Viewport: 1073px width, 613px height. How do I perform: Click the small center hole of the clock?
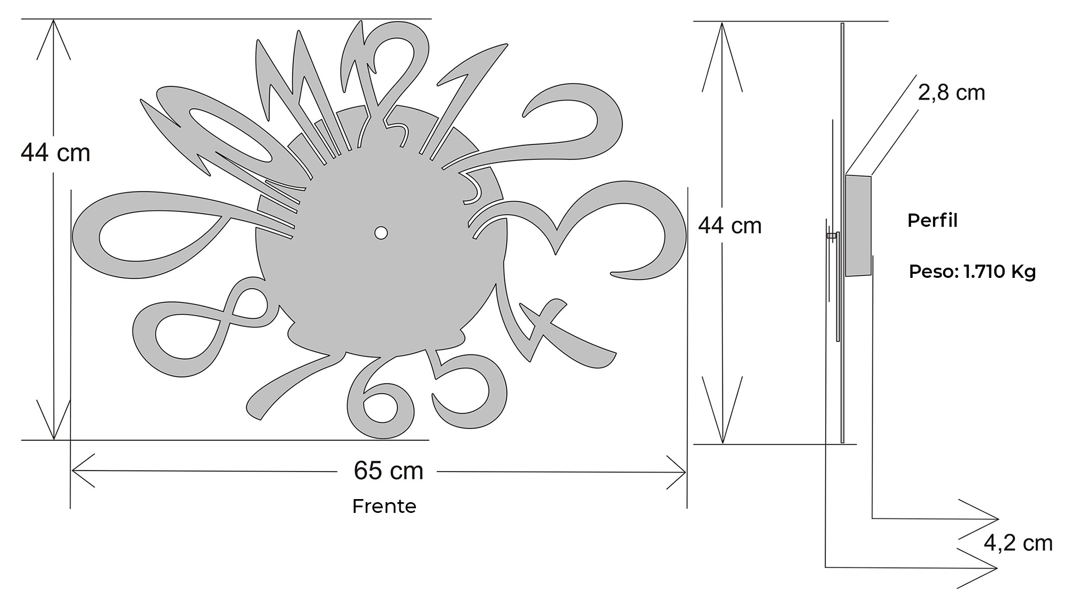pyautogui.click(x=381, y=233)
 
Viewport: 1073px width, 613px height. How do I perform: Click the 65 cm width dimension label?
pyautogui.click(x=388, y=470)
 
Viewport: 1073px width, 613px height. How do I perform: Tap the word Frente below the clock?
pyautogui.click(x=384, y=506)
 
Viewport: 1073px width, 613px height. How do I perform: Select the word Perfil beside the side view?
pyautogui.click(x=932, y=220)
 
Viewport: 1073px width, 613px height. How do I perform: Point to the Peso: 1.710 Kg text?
pyautogui.click(x=972, y=271)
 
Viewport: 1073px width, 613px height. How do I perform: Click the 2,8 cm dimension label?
pyautogui.click(x=951, y=92)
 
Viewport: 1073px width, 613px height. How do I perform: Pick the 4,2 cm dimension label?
pyautogui.click(x=1018, y=543)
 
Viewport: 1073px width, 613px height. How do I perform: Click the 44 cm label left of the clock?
pyautogui.click(x=55, y=153)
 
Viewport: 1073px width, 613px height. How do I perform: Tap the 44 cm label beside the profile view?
pyautogui.click(x=730, y=225)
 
